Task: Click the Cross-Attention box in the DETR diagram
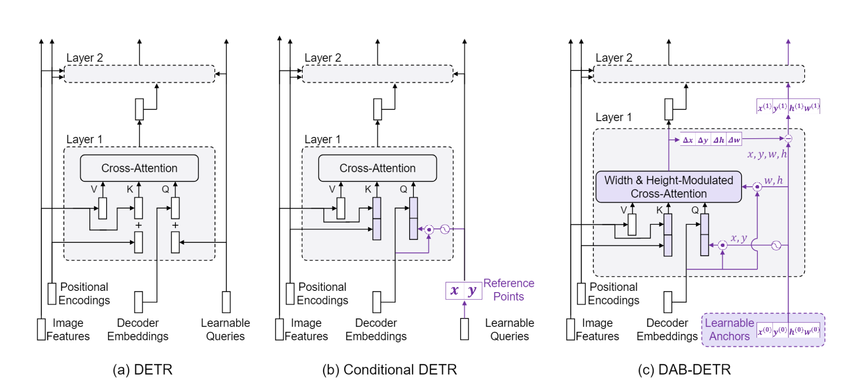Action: coord(139,168)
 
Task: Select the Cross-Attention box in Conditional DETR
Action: coord(377,168)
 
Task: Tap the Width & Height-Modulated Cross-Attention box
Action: coord(669,187)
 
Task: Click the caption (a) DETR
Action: coord(143,370)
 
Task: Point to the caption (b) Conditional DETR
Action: coord(389,370)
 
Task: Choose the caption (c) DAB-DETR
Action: coord(684,370)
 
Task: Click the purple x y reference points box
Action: coord(463,291)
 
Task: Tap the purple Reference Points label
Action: coord(509,290)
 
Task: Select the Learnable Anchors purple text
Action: coord(729,329)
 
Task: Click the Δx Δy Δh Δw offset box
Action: coord(711,140)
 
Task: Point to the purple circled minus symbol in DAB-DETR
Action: coord(788,139)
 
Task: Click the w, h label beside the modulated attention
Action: coord(773,180)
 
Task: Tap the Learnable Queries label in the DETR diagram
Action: coord(225,329)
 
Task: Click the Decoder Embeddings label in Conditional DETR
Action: coord(376,329)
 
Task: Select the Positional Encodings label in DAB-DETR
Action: coord(613,293)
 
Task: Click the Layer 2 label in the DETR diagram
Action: coord(84,58)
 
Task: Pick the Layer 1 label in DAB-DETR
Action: coord(613,117)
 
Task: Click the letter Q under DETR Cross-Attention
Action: coord(165,189)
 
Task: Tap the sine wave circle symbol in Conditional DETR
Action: coord(445,229)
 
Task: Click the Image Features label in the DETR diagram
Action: coord(68,329)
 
